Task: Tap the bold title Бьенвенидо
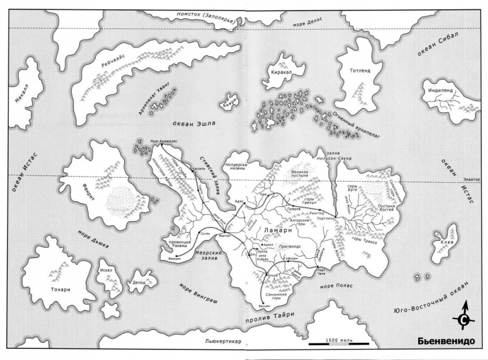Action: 447,341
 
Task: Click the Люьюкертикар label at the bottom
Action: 227,340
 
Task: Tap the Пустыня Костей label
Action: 384,206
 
